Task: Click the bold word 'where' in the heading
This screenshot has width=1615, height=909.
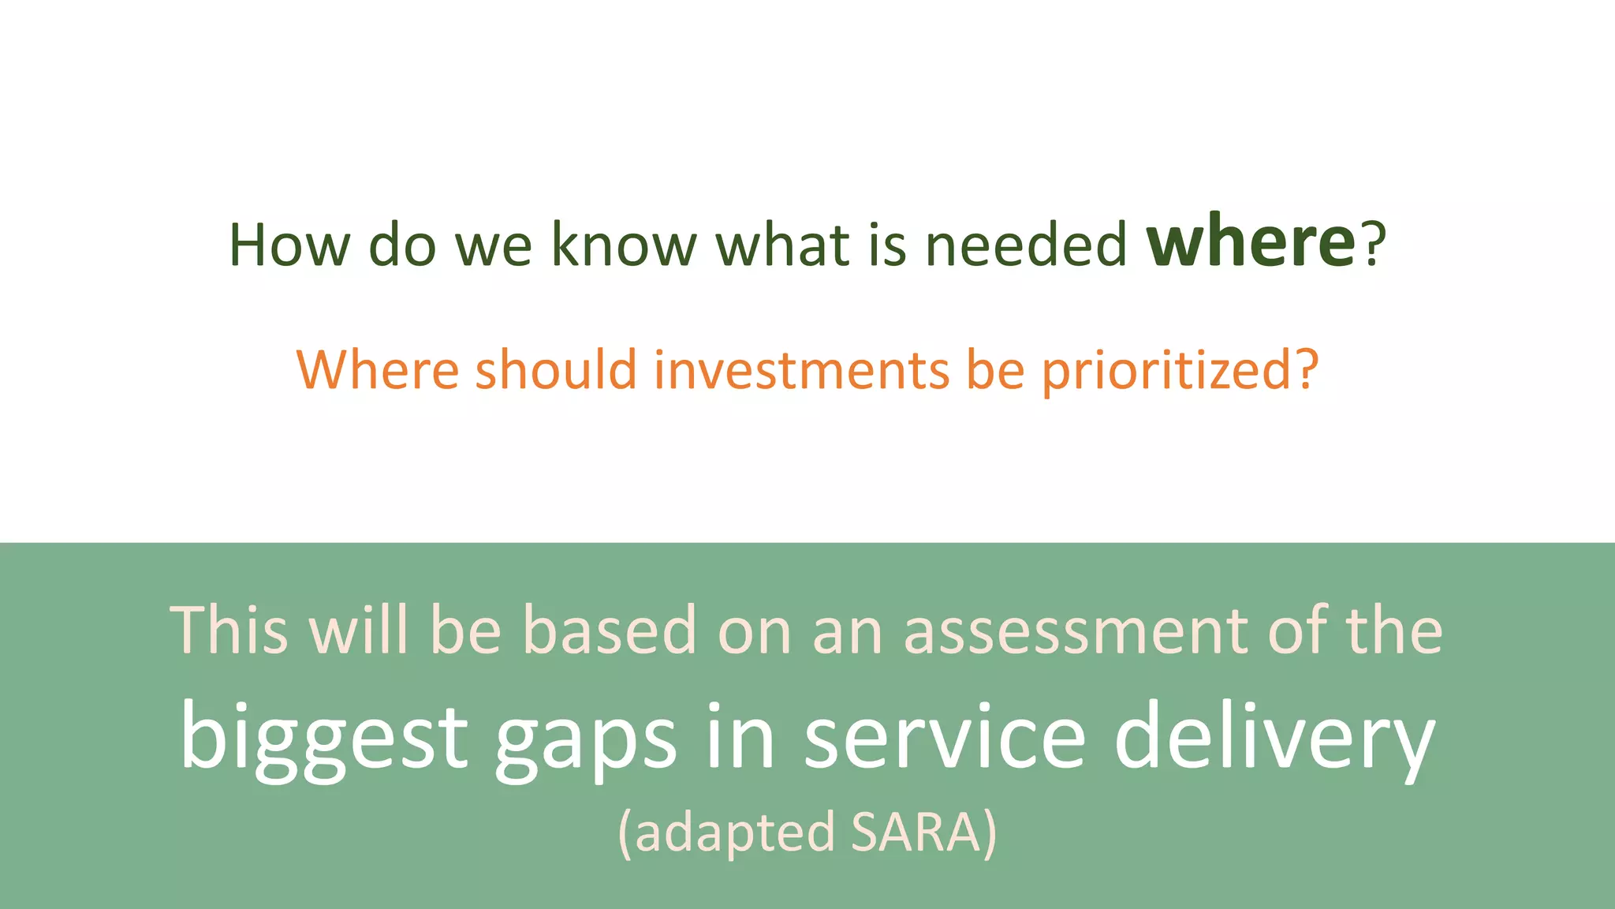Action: coord(1251,243)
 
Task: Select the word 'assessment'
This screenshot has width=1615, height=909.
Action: coord(1076,631)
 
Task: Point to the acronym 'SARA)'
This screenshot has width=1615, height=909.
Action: coord(924,832)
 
